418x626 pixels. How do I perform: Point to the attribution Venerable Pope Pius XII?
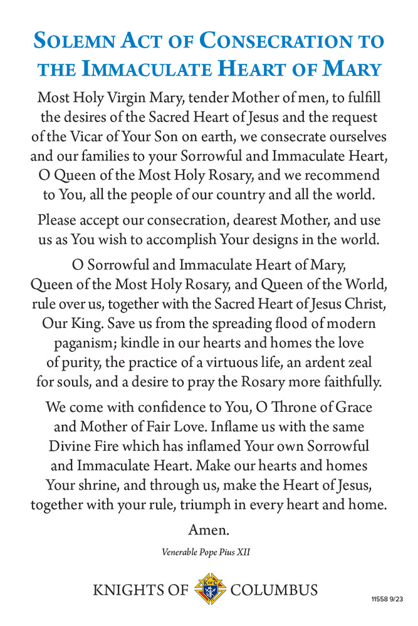pos(209,552)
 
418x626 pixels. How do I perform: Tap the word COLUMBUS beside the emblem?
pos(274,590)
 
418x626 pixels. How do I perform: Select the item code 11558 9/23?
pos(386,599)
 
